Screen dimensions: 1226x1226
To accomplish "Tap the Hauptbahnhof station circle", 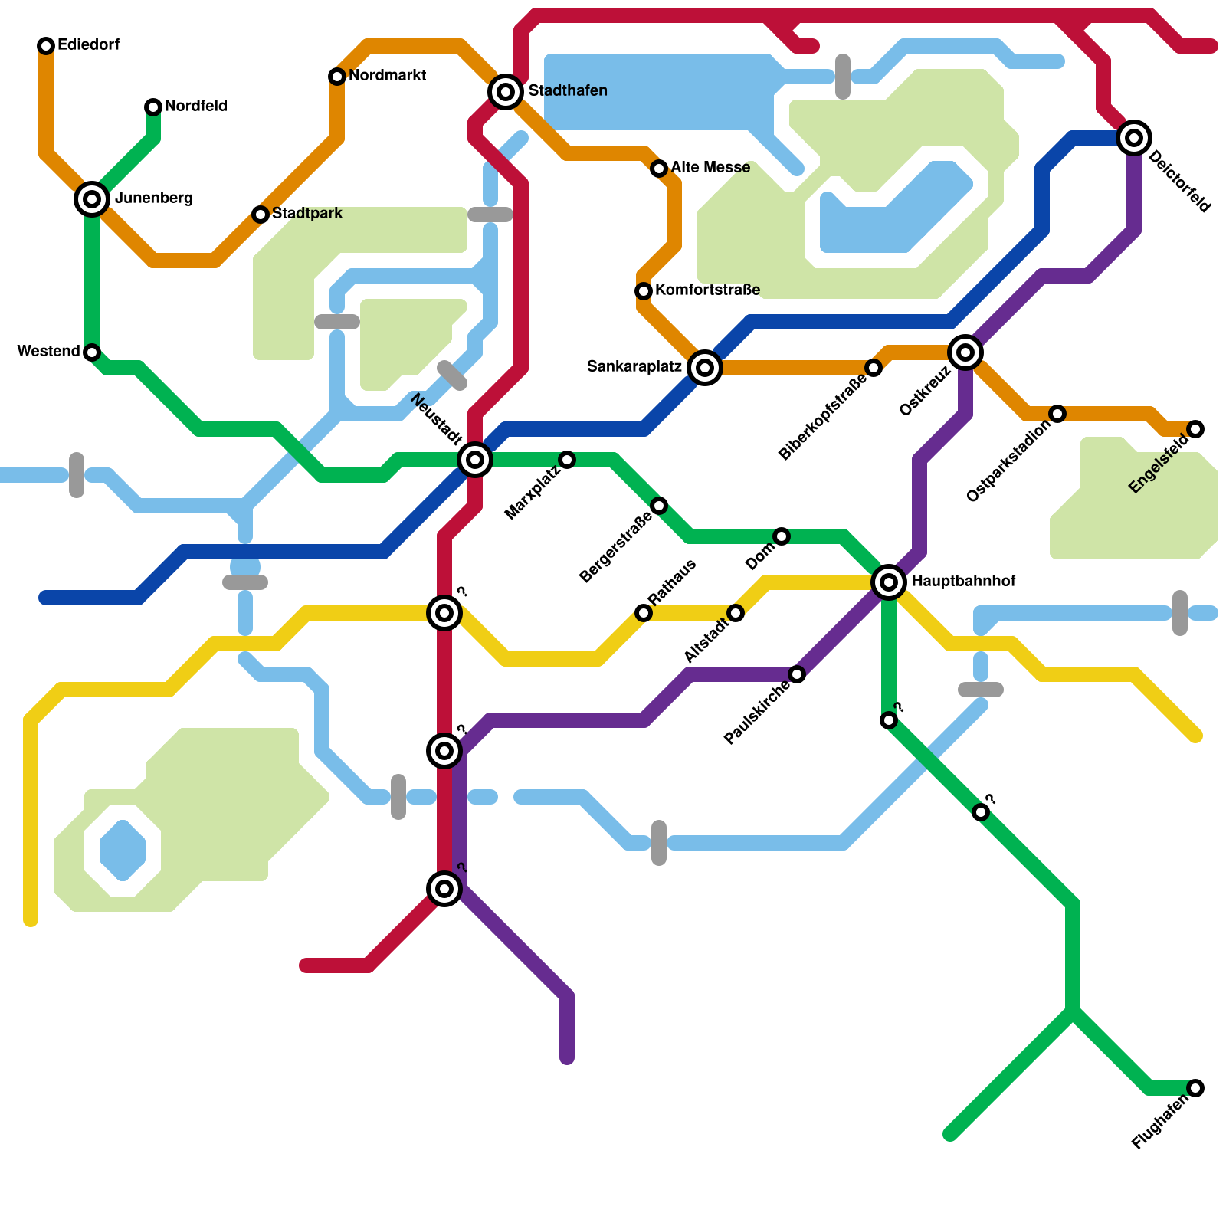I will pyautogui.click(x=889, y=582).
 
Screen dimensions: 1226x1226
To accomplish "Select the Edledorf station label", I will pyautogui.click(x=88, y=45).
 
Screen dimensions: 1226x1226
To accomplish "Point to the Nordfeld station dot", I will pyautogui.click(x=153, y=107).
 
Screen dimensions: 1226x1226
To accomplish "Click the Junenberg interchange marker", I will pyautogui.click(x=92, y=199).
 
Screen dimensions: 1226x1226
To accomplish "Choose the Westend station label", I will pyautogui.click(x=48, y=352).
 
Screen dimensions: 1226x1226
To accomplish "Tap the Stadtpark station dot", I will pyautogui.click(x=261, y=215).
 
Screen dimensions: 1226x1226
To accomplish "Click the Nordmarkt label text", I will pyautogui.click(x=387, y=76).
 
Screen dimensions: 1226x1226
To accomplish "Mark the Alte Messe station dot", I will pyautogui.click(x=659, y=169).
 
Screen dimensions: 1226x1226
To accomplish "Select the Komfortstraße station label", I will pyautogui.click(x=707, y=290).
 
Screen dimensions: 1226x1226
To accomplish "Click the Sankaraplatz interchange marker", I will pyautogui.click(x=705, y=368).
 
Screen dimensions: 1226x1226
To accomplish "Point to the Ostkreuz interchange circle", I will pyautogui.click(x=965, y=352).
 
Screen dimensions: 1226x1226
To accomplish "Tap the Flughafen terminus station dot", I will pyautogui.click(x=1195, y=1088).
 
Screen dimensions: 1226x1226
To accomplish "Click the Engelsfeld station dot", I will pyautogui.click(x=1195, y=429).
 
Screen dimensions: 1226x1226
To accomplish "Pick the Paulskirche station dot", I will pyautogui.click(x=797, y=674).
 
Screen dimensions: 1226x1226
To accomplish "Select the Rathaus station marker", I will pyautogui.click(x=644, y=613).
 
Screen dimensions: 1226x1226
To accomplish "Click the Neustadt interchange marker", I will pyautogui.click(x=475, y=460).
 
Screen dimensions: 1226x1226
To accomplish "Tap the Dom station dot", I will pyautogui.click(x=782, y=536).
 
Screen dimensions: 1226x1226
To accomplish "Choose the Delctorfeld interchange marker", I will pyautogui.click(x=1134, y=138).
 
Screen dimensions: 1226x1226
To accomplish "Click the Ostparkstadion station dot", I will pyautogui.click(x=1057, y=414).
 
